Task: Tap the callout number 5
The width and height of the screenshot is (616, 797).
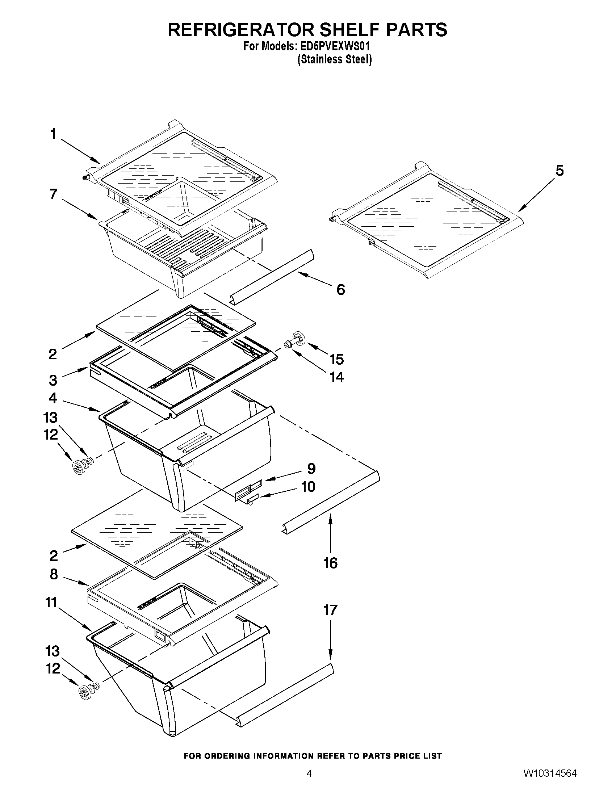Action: (560, 171)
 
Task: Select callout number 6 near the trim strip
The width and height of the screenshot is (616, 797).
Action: (340, 290)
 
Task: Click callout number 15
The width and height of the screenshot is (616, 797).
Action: (336, 359)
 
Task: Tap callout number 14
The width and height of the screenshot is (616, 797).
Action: (336, 377)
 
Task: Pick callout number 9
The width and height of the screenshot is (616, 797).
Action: (311, 468)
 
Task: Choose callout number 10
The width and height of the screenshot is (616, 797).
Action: (309, 486)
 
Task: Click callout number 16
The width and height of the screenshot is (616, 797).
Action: (330, 563)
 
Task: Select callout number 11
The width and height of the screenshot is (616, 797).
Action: (51, 603)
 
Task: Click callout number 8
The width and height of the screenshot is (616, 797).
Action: (54, 574)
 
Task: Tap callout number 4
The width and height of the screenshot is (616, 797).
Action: (53, 398)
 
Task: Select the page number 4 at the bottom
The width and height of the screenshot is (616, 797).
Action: (309, 784)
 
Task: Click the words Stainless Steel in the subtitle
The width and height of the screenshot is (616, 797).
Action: (335, 59)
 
